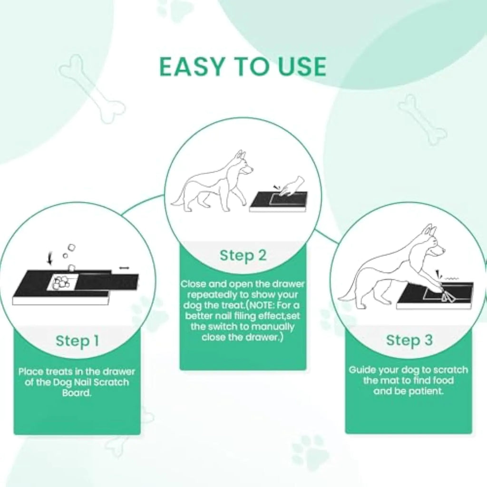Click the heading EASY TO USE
(243, 67)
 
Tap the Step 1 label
(77, 341)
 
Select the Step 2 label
(243, 255)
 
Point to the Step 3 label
(409, 340)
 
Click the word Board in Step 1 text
(77, 393)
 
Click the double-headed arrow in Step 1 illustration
(124, 268)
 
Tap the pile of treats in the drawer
(61, 282)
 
